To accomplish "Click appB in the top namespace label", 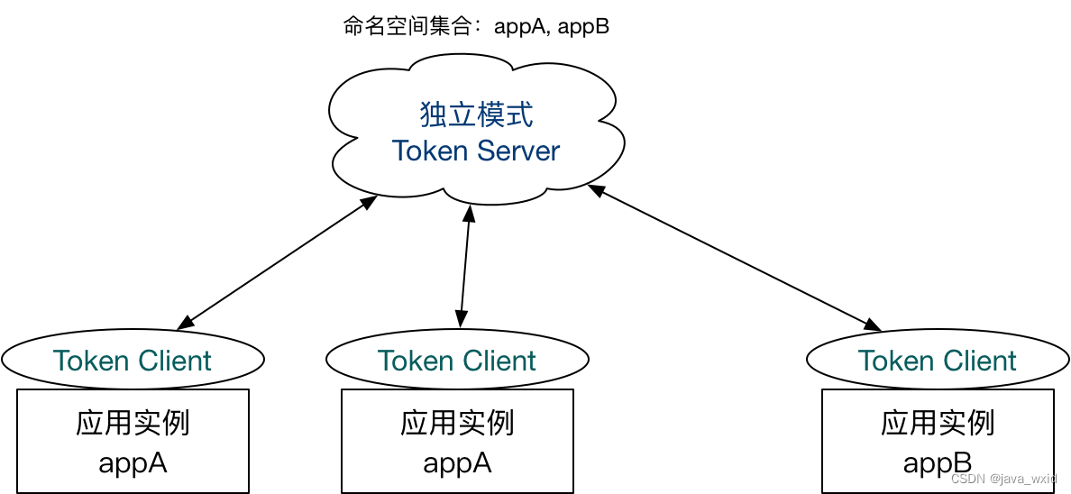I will coord(584,26).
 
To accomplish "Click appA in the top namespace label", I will coord(520,26).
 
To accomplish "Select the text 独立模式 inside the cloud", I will coord(476,114).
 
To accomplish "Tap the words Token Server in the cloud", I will coord(476,151).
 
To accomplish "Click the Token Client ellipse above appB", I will coord(937,361).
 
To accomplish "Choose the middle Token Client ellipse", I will coord(457,361).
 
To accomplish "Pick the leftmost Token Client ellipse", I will coord(133,361).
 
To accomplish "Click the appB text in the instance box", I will coord(937,463).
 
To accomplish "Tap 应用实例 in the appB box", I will coord(937,423).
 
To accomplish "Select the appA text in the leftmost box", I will coord(133,463).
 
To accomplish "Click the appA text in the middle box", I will coord(457,463).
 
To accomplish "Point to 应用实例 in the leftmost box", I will coord(133,423).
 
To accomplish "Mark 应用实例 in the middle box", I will coord(457,423).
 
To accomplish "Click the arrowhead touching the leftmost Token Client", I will coord(185,323).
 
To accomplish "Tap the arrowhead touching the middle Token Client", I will coord(462,318).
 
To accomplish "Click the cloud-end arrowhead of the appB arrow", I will coord(596,189).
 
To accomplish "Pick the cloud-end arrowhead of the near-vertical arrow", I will coord(468,214).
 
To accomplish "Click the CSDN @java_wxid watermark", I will coord(1003,479).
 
